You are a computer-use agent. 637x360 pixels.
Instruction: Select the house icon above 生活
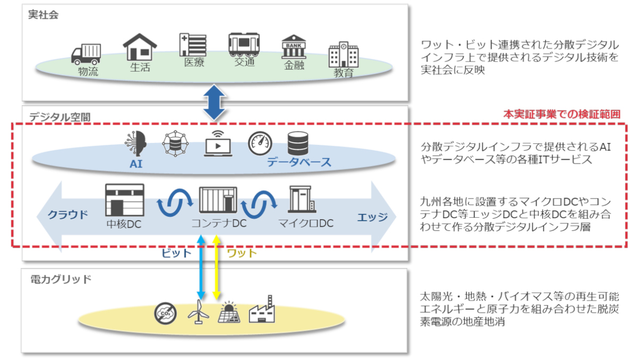click(140, 48)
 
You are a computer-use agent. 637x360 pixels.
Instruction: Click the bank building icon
click(294, 47)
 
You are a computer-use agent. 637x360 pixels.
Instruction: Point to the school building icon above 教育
click(343, 55)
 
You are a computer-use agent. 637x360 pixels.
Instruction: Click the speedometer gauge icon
click(260, 143)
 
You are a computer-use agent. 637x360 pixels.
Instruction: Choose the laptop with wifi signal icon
click(218, 143)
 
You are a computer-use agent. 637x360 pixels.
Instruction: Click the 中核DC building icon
click(124, 199)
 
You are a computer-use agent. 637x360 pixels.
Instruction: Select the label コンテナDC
click(219, 224)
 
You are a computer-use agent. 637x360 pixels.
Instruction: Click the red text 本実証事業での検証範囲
click(562, 114)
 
